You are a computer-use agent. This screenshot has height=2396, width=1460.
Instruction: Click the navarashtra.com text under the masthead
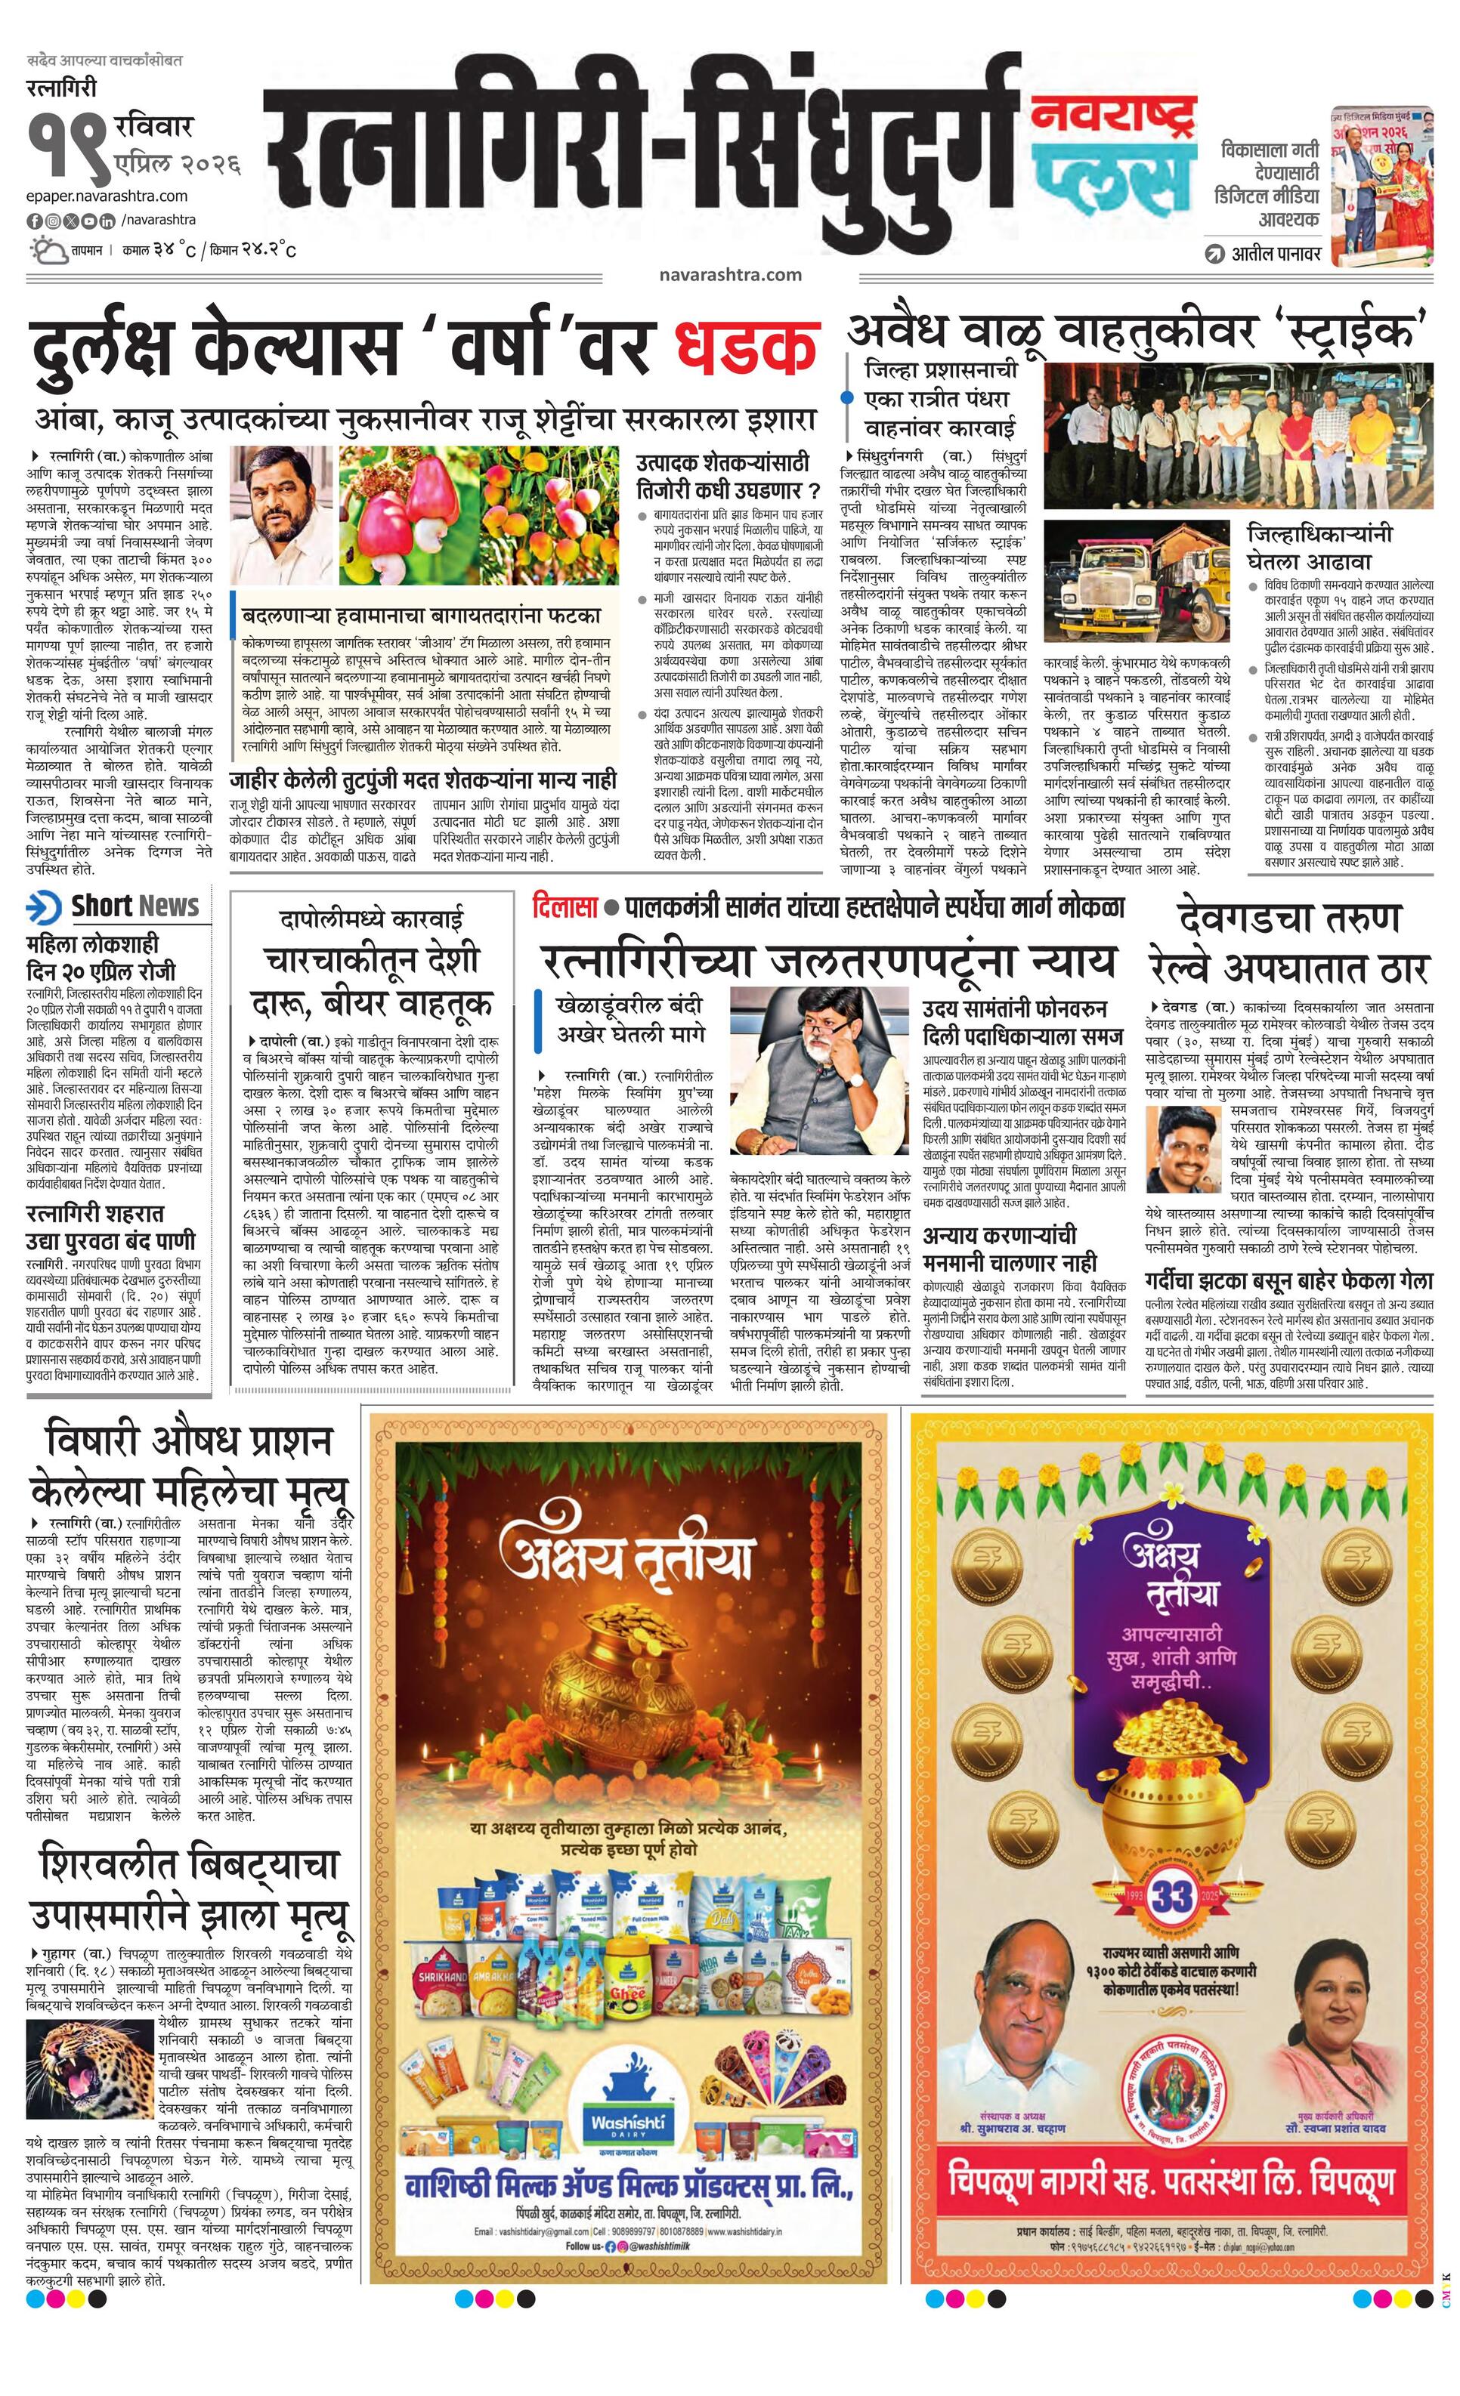coord(729,274)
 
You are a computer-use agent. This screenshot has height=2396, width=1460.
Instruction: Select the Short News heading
coord(135,906)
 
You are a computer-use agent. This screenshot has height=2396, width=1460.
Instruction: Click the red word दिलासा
coord(565,907)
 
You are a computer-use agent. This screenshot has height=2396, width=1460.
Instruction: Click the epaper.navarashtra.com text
coord(107,196)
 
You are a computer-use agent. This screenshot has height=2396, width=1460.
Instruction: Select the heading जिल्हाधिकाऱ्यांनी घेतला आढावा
coord(1320,548)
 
